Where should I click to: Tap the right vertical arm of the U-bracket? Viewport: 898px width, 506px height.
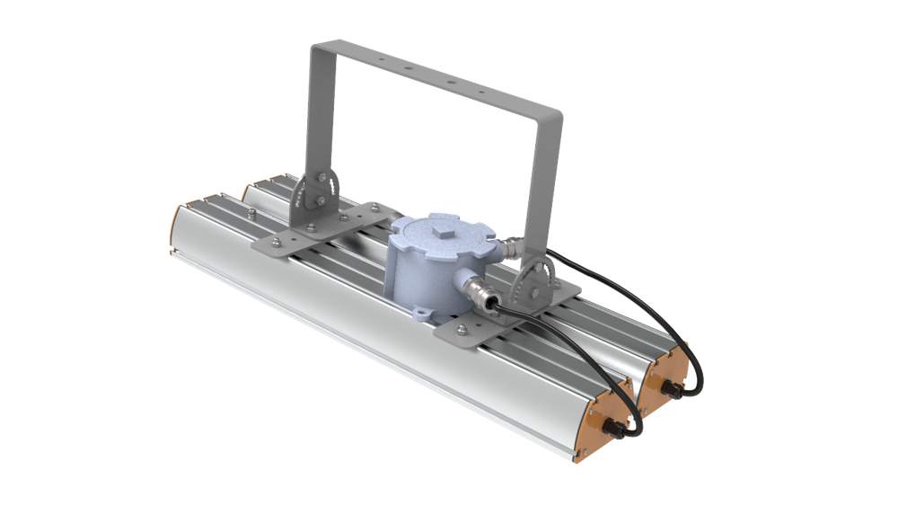(547, 180)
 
